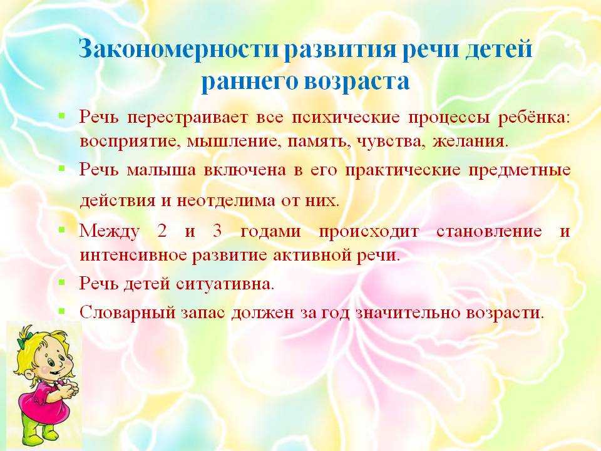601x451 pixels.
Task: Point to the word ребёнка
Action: pyautogui.click(x=533, y=117)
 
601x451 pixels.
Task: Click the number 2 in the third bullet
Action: pyautogui.click(x=162, y=231)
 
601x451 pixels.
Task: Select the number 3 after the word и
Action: pyautogui.click(x=217, y=231)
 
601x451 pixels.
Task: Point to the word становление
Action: pyautogui.click(x=489, y=231)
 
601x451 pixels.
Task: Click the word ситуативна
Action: pyautogui.click(x=225, y=284)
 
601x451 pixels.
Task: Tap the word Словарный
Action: pyautogui.click(x=127, y=313)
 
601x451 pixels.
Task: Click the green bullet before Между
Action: pyautogui.click(x=61, y=229)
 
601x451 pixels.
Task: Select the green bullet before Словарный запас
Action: pyautogui.click(x=61, y=311)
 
